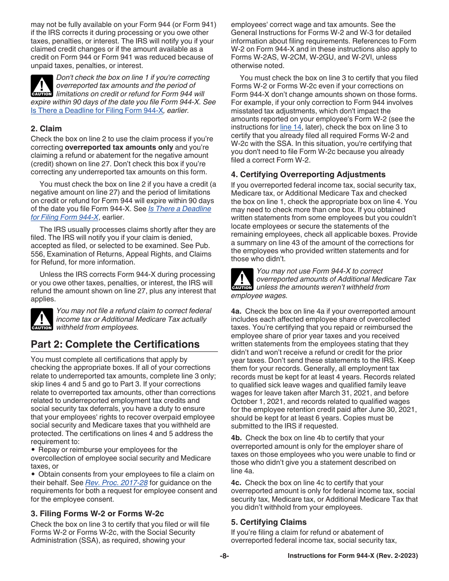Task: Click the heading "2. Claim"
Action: pos(46,128)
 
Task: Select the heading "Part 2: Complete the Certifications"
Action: pos(115,344)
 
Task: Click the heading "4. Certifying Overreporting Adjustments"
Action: pos(308,174)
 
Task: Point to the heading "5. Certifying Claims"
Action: pos(268,522)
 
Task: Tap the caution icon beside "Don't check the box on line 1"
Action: pos(42,86)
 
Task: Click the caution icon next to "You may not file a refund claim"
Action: pos(42,319)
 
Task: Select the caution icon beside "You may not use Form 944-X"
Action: pos(242,279)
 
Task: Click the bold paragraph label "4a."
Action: pos(236,311)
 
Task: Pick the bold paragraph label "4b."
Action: pos(236,438)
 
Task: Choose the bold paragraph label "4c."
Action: pos(236,483)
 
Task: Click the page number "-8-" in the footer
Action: pos(224,556)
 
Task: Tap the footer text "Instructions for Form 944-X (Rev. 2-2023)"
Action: pos(353,556)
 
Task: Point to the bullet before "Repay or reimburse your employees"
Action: pos(33,450)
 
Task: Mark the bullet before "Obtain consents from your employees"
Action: pos(33,474)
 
